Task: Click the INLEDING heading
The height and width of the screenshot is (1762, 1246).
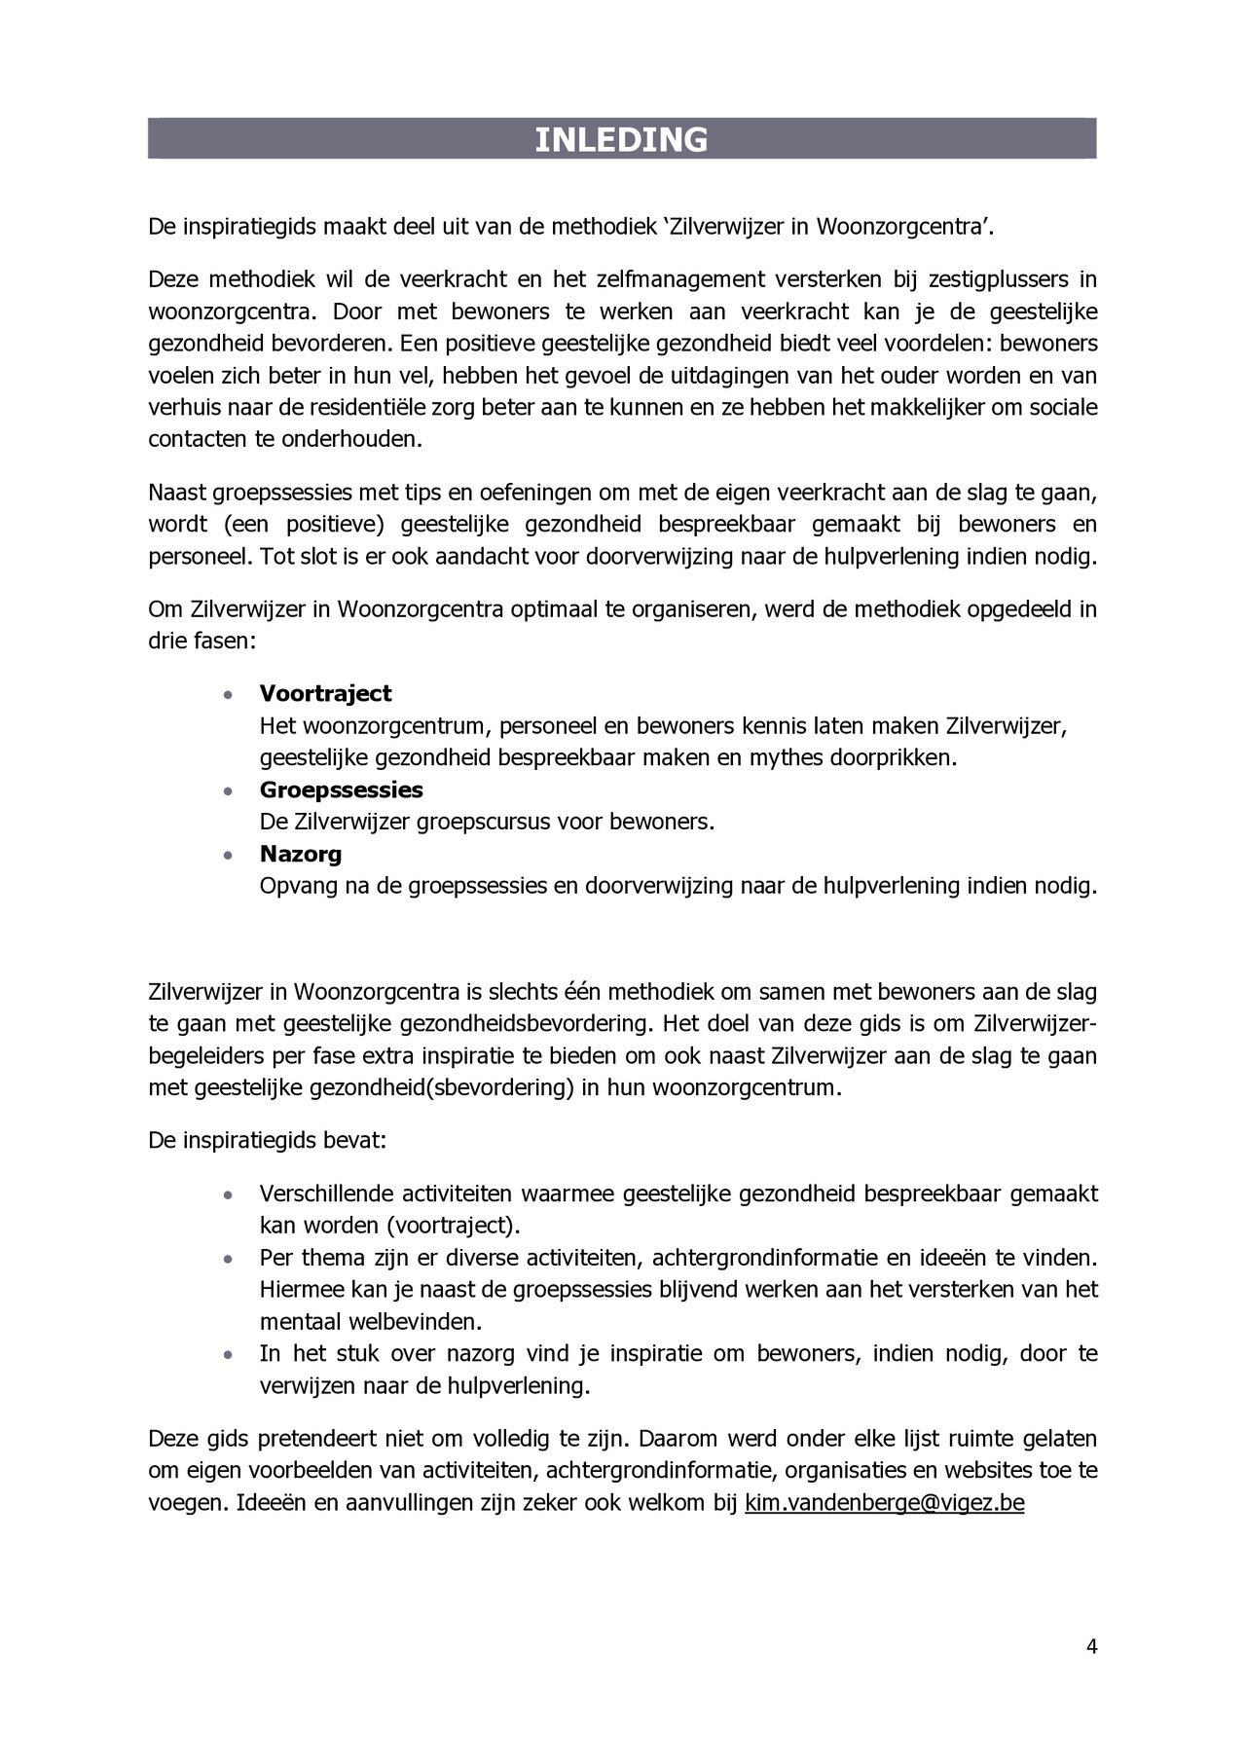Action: [x=621, y=140]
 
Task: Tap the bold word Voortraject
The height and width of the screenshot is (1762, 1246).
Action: [x=325, y=693]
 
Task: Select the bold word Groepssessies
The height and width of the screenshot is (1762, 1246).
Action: [x=341, y=789]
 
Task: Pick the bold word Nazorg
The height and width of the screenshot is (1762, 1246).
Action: [x=300, y=854]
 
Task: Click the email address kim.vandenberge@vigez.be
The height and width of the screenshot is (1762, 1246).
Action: [x=884, y=1503]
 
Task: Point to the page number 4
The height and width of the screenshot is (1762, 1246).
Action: [x=1091, y=1647]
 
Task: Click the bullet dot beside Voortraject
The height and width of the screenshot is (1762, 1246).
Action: [x=227, y=695]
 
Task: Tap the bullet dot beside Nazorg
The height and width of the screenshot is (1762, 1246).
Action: [x=227, y=856]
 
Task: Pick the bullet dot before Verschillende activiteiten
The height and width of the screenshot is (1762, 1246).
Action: [x=227, y=1194]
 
